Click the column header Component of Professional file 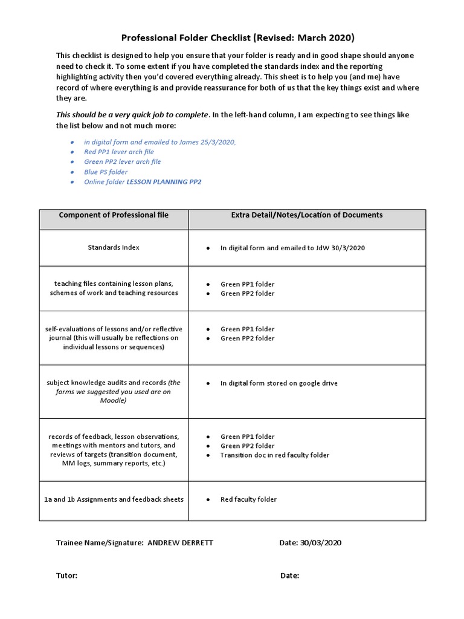(x=113, y=215)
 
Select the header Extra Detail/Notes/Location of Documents (x=307, y=215)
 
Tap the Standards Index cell (x=114, y=248)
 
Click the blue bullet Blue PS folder (x=106, y=172)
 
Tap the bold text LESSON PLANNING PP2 (x=164, y=182)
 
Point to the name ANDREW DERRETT (x=180, y=543)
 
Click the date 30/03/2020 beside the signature (x=320, y=543)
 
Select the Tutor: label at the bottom (x=66, y=575)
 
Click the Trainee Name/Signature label (x=100, y=543)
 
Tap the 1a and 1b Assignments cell (x=114, y=499)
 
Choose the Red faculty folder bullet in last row (x=248, y=499)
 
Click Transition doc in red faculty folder (x=275, y=455)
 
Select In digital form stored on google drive (x=279, y=383)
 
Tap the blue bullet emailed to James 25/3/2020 (x=160, y=141)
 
